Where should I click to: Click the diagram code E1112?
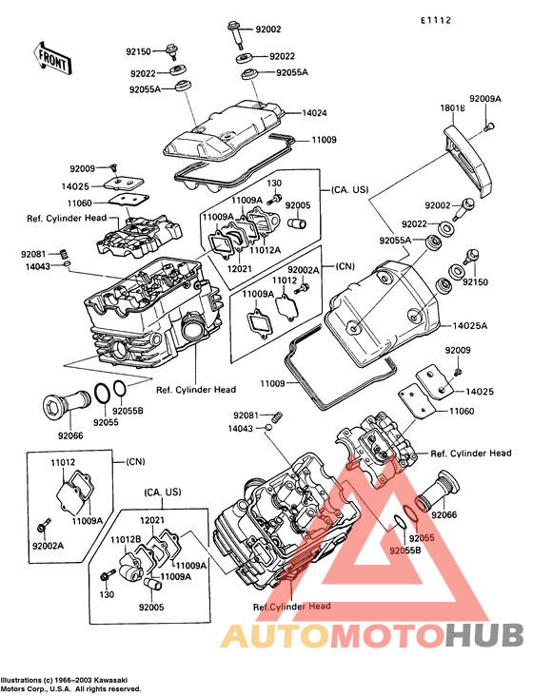tap(436, 20)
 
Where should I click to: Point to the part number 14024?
tap(314, 113)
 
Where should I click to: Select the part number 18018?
tap(453, 107)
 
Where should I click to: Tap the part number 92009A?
tap(485, 99)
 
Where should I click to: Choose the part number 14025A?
tap(469, 326)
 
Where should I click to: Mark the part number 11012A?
tap(266, 250)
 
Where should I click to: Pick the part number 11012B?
tap(126, 539)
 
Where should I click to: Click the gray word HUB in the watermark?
tap(485, 635)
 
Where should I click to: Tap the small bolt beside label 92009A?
tap(489, 127)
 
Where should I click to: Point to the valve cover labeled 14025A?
tap(384, 313)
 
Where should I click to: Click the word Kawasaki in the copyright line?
tap(112, 680)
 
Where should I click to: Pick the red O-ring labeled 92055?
tap(410, 515)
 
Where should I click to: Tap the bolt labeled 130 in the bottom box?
tap(107, 577)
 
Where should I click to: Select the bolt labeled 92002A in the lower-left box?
tap(46, 524)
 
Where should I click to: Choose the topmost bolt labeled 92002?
tap(236, 34)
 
